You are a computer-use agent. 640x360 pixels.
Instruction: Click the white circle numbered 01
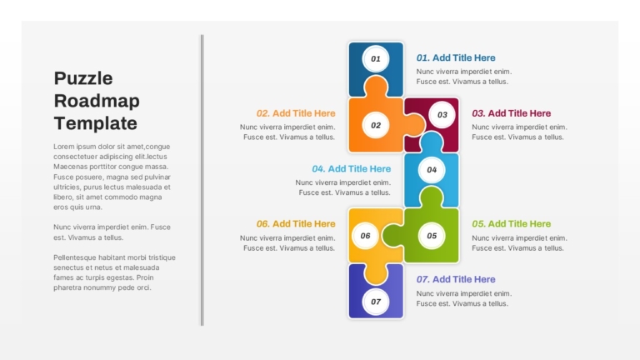(x=376, y=59)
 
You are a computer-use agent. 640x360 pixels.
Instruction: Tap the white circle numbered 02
(x=376, y=125)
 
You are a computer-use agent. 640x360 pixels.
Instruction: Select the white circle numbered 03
(x=442, y=115)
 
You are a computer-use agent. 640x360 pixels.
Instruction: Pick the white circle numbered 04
(x=432, y=170)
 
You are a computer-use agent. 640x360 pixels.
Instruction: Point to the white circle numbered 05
(x=432, y=236)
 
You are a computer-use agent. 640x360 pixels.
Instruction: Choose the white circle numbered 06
(x=365, y=236)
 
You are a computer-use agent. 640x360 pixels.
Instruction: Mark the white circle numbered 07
(x=376, y=302)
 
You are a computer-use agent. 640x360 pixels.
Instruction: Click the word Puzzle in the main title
(x=83, y=78)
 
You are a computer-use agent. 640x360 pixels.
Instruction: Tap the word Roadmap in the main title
(x=97, y=101)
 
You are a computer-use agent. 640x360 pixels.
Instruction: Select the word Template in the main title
(x=96, y=123)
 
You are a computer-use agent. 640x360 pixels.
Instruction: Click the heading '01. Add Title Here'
(x=456, y=58)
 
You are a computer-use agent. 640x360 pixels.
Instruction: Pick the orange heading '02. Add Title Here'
(x=296, y=113)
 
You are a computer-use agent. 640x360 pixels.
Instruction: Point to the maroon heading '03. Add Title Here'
(x=512, y=113)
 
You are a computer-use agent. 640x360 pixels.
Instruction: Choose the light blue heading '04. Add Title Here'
(x=352, y=169)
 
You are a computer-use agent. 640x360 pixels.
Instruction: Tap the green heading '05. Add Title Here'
(x=512, y=224)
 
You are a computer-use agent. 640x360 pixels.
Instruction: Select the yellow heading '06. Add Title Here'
(x=296, y=224)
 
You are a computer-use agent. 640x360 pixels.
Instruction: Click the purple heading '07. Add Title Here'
(x=456, y=280)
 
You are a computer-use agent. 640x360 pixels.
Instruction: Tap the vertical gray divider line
(x=202, y=180)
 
